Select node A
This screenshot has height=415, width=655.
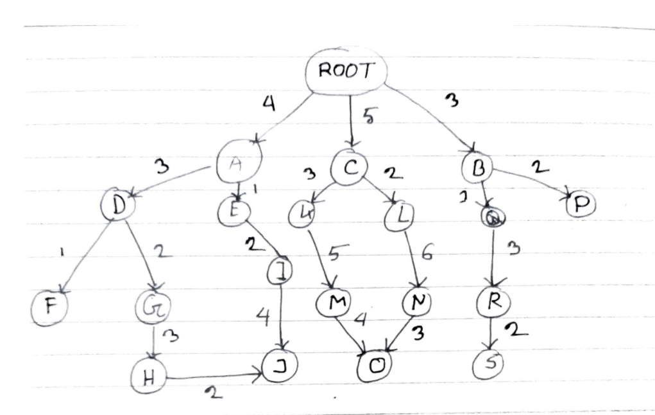coord(238,166)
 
